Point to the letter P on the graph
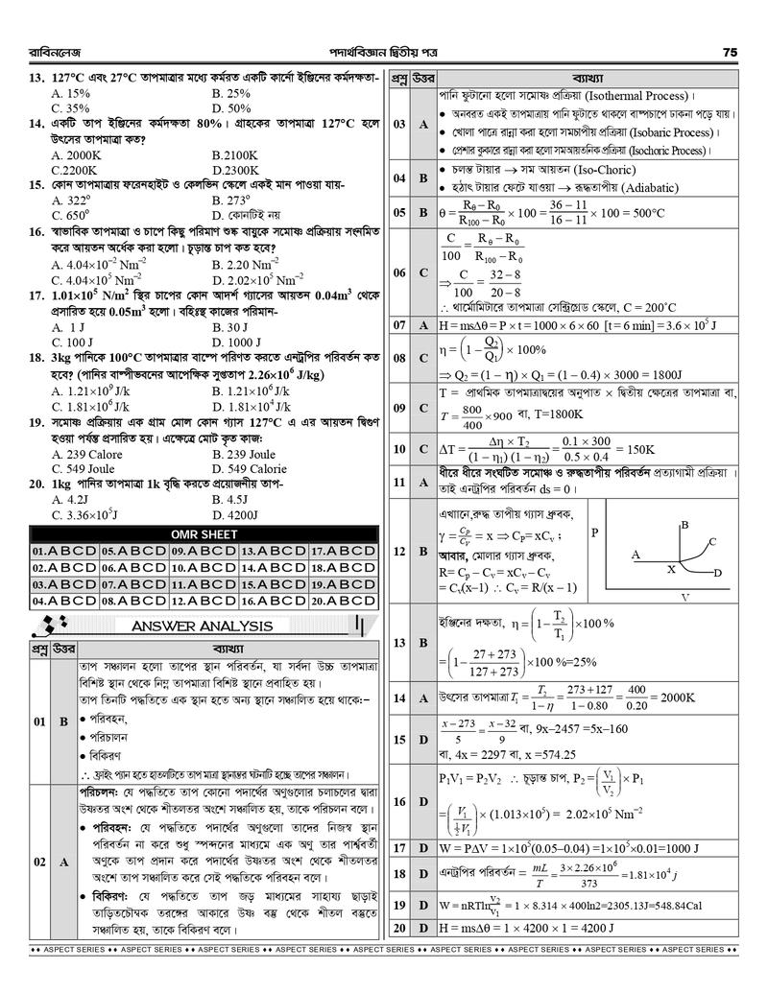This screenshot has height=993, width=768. click(595, 532)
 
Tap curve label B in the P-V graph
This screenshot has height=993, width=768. click(684, 525)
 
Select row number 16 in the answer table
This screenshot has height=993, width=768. click(398, 800)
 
